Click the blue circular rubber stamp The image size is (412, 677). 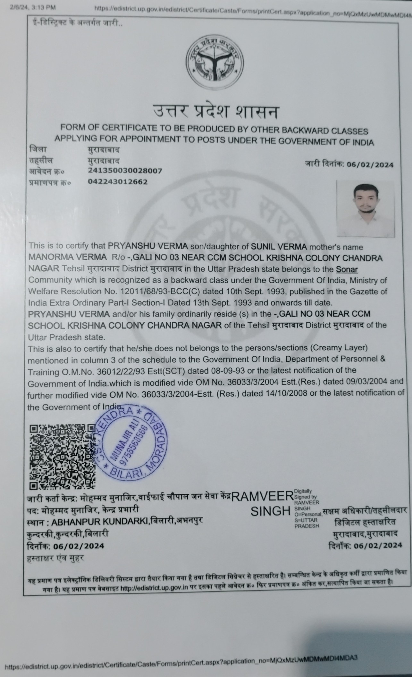point(132,446)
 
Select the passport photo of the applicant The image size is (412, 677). point(366,209)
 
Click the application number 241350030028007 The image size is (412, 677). point(125,171)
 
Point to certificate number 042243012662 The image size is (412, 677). point(118,182)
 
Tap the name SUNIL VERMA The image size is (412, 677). point(279,247)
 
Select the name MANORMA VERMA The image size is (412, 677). point(68,258)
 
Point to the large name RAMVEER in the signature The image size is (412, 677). point(262,497)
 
